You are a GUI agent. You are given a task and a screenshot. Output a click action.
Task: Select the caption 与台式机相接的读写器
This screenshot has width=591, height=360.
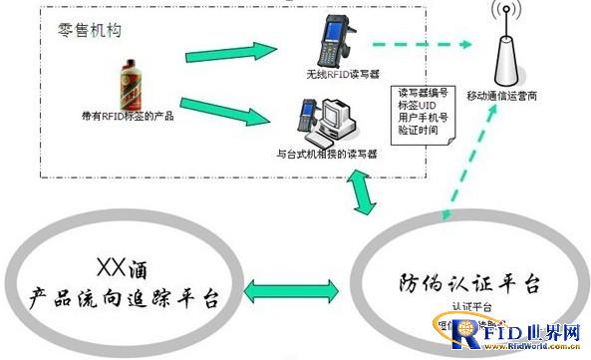tap(326, 154)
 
